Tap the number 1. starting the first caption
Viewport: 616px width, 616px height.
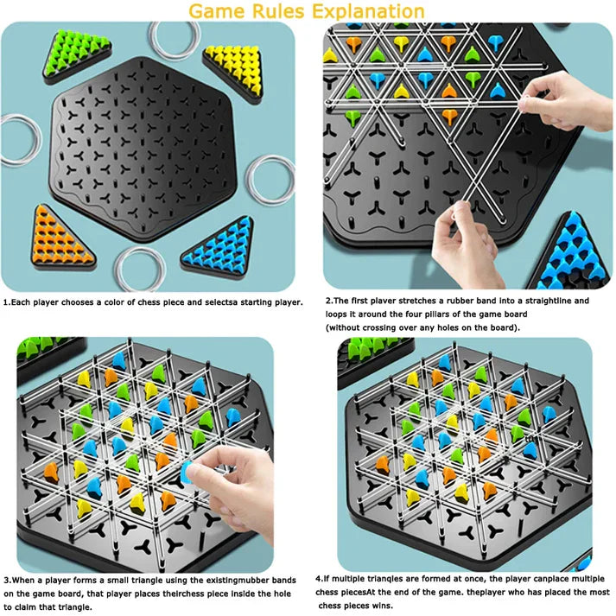[x=7, y=303]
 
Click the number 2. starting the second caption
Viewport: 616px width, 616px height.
[x=329, y=302]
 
